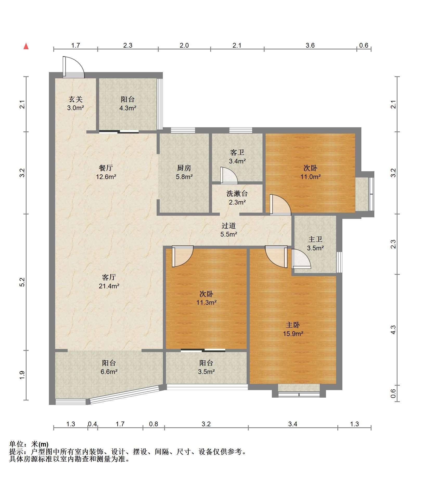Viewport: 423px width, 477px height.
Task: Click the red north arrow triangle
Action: (26, 46)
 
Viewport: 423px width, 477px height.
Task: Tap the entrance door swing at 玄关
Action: (74, 67)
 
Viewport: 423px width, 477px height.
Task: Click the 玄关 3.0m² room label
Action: (75, 103)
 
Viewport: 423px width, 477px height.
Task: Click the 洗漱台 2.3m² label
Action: (237, 198)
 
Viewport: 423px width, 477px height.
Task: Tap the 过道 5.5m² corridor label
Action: (229, 230)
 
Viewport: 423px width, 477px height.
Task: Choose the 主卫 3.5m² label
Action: (315, 244)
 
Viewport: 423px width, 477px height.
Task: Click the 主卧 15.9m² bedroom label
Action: (293, 329)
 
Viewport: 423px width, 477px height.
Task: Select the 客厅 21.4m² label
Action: (109, 282)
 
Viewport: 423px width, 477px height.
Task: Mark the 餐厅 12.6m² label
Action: (106, 172)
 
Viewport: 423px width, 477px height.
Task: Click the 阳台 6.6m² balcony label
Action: (109, 367)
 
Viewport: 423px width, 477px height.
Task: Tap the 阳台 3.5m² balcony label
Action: (206, 367)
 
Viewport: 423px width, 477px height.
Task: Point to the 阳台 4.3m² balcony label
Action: (128, 103)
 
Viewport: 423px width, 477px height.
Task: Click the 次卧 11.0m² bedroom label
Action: (311, 172)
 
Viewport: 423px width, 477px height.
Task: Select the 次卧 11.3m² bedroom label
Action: (207, 298)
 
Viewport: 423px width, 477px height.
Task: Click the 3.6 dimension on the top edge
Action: (310, 46)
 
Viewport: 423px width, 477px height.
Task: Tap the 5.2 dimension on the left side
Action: (22, 282)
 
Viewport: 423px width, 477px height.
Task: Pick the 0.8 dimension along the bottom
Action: (153, 424)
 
